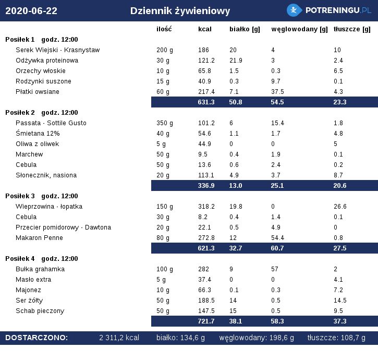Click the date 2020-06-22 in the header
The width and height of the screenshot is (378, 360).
pos(31,11)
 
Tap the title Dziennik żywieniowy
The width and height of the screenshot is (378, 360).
pos(180,11)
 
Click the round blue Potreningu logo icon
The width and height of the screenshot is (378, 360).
pos(294,10)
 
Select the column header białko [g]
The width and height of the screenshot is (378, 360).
pos(245,29)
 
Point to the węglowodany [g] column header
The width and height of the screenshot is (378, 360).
pos(299,29)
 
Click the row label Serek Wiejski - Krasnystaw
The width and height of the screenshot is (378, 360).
pos(58,50)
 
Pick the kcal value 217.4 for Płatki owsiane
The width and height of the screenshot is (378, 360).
pos(206,92)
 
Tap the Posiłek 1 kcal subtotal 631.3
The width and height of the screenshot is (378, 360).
pos(206,102)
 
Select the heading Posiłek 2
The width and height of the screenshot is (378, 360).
pos(20,113)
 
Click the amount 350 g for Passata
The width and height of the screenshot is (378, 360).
pos(165,123)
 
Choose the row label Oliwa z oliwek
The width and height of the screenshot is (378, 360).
pos(37,144)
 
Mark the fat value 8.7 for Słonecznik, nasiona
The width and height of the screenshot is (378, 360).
pos(338,175)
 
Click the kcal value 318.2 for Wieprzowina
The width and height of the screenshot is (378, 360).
pos(206,207)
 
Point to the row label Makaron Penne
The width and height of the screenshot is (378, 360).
pos(39,238)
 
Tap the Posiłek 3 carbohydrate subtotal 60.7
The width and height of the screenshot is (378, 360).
pos(277,248)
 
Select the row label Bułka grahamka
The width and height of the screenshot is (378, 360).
pos(40,269)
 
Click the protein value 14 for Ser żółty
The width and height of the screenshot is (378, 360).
pos(233,301)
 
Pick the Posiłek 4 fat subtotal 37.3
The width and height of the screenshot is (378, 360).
pos(340,321)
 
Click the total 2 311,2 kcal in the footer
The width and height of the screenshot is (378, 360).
pos(119,338)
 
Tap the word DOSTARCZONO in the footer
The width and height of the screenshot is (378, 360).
pos(36,338)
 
